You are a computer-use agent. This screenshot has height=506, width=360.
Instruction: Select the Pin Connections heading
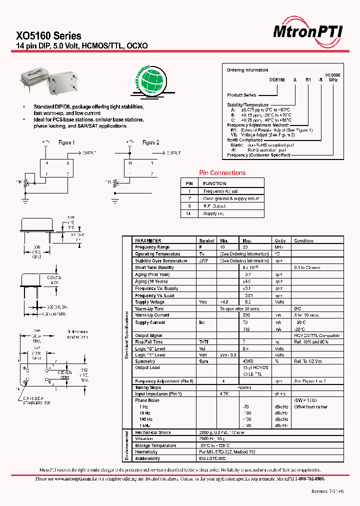(222, 173)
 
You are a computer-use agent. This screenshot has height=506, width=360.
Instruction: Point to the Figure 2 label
(150, 142)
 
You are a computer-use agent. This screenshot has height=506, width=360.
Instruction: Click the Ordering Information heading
(247, 70)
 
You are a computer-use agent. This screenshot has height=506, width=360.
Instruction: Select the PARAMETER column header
(148, 240)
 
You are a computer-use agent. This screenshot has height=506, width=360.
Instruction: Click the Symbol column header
(206, 240)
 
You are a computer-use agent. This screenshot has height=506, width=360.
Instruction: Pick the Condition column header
(303, 240)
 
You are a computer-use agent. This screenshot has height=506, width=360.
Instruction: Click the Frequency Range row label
(152, 247)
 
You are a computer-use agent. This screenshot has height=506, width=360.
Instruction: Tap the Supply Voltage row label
(149, 302)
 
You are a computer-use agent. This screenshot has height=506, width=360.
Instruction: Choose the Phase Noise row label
(147, 400)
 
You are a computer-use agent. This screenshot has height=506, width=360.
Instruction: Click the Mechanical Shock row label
(153, 432)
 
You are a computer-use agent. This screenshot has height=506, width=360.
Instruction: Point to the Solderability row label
(147, 458)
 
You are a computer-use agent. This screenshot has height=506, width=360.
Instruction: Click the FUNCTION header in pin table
(214, 183)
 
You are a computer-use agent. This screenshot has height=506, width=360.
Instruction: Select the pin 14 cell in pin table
(189, 213)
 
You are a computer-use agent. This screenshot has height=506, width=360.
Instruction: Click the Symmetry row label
(145, 361)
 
